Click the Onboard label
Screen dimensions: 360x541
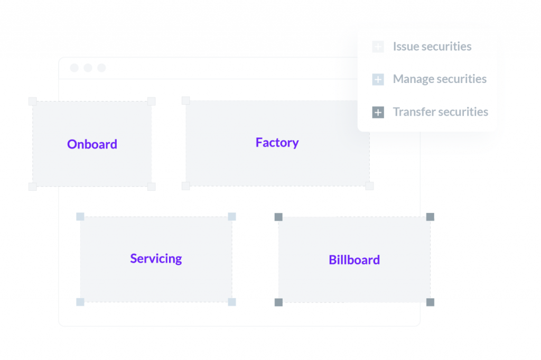tap(92, 144)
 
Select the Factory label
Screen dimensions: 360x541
tap(277, 143)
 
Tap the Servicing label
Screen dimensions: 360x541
tap(156, 259)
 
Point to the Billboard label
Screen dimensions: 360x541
tap(354, 260)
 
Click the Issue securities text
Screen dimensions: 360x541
tap(432, 47)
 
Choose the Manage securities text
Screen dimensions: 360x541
tap(440, 79)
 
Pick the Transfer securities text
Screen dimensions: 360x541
tap(440, 112)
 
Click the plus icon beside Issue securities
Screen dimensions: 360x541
tap(378, 47)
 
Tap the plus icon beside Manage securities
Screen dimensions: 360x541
tap(378, 80)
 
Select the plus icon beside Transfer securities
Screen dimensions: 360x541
tap(378, 113)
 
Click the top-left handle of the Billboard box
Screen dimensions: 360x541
tap(278, 217)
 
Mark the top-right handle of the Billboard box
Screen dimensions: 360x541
tap(430, 217)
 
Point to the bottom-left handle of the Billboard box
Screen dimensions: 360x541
tap(278, 302)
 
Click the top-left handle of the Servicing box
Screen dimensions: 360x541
tap(80, 216)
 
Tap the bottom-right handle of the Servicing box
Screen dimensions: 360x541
tap(232, 302)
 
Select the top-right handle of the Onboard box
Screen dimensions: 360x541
tap(152, 101)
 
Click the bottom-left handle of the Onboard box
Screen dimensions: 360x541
tap(32, 187)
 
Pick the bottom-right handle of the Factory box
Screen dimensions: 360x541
tap(369, 186)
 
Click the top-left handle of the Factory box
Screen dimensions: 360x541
tap(186, 100)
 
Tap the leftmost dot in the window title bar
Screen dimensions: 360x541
tap(74, 68)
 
